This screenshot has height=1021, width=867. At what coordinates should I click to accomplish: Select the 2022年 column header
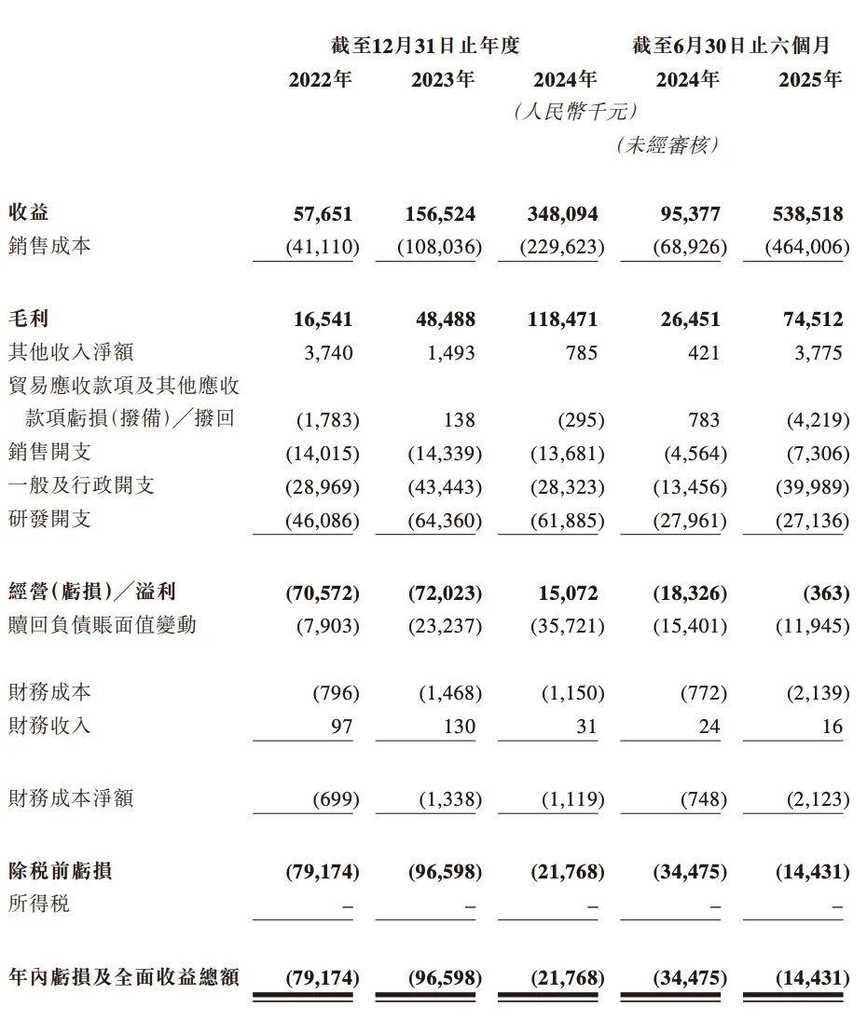[320, 80]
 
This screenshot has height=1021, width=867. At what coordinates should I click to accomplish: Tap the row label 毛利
[28, 320]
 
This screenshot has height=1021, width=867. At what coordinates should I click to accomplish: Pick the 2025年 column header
[809, 80]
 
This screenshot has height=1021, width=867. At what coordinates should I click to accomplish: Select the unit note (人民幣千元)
[574, 112]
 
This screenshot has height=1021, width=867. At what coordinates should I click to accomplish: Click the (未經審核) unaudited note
[667, 145]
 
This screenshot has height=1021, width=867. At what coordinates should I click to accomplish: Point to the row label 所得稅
[38, 904]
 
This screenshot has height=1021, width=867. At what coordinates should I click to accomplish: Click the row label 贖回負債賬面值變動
[102, 625]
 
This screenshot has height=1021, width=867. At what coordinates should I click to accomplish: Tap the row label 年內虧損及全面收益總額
[123, 977]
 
